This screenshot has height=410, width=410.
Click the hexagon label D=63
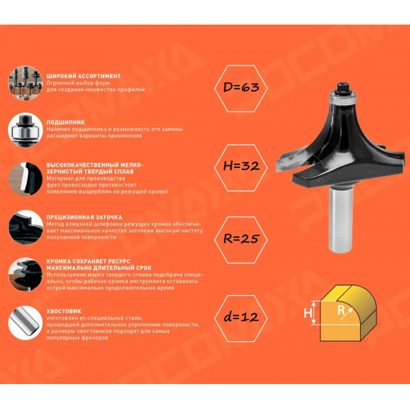tap(241, 88)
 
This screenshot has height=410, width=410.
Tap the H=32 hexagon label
tap(241, 167)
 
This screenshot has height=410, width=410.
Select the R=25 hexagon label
tap(241, 240)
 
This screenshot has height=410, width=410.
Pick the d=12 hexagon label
tap(241, 318)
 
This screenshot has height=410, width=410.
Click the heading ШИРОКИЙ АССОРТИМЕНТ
tap(83, 77)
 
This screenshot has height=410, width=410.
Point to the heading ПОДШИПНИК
tap(66, 122)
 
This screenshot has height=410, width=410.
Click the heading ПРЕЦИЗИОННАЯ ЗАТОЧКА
tap(84, 217)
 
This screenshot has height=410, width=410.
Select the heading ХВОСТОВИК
tap(64, 311)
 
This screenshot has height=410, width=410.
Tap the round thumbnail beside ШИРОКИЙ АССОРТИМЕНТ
tap(25, 83)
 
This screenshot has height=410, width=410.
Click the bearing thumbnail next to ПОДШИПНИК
tap(25, 130)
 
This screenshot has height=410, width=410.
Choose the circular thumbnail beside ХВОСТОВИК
tap(25, 323)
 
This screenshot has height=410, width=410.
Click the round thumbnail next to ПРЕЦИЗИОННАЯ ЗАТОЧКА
tap(25, 228)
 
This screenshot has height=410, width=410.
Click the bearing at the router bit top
tap(342, 99)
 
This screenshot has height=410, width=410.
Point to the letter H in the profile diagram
tap(307, 313)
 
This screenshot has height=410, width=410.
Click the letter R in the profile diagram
tap(341, 311)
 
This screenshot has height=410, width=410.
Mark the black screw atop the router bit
tap(342, 87)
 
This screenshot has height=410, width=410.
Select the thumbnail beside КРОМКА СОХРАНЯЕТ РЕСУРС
tap(25, 275)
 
